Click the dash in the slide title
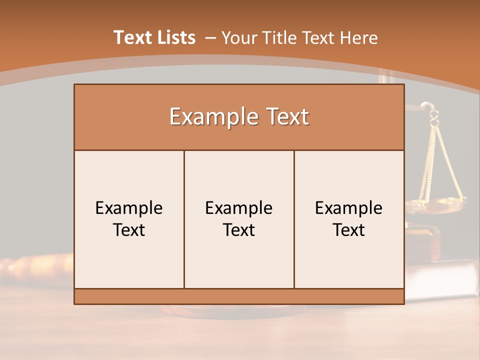(x=210, y=37)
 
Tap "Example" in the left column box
(x=129, y=208)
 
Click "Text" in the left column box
(x=129, y=230)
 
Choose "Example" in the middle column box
(x=239, y=208)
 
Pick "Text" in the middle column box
(x=239, y=230)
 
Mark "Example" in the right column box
(x=349, y=208)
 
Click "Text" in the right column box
(x=349, y=230)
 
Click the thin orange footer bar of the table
(x=239, y=296)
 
